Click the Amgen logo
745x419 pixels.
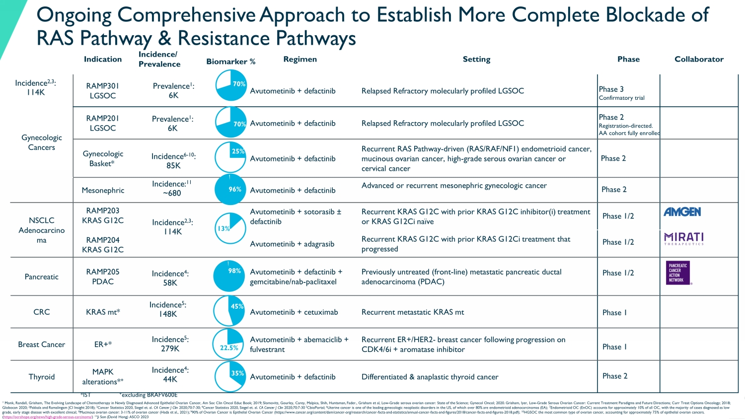click(x=682, y=212)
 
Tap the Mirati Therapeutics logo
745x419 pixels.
click(x=684, y=238)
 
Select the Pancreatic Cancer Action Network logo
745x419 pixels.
click(x=678, y=273)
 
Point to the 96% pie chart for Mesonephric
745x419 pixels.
click(x=229, y=189)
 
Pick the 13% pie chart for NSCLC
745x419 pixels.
click(x=230, y=228)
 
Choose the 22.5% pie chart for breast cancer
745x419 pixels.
click(x=228, y=344)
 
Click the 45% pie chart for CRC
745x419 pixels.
click(x=229, y=311)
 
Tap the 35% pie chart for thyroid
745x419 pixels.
click(x=230, y=377)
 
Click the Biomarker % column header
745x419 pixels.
click(x=231, y=62)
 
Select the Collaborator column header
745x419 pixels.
click(x=699, y=59)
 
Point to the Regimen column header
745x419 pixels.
click(x=300, y=59)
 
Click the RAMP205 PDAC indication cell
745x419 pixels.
click(x=103, y=277)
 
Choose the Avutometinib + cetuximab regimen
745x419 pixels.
click(x=294, y=312)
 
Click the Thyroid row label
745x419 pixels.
click(x=42, y=377)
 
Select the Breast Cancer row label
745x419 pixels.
click(x=42, y=345)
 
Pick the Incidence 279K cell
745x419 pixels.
click(x=170, y=344)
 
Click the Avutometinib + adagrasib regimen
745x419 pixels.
click(x=292, y=244)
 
